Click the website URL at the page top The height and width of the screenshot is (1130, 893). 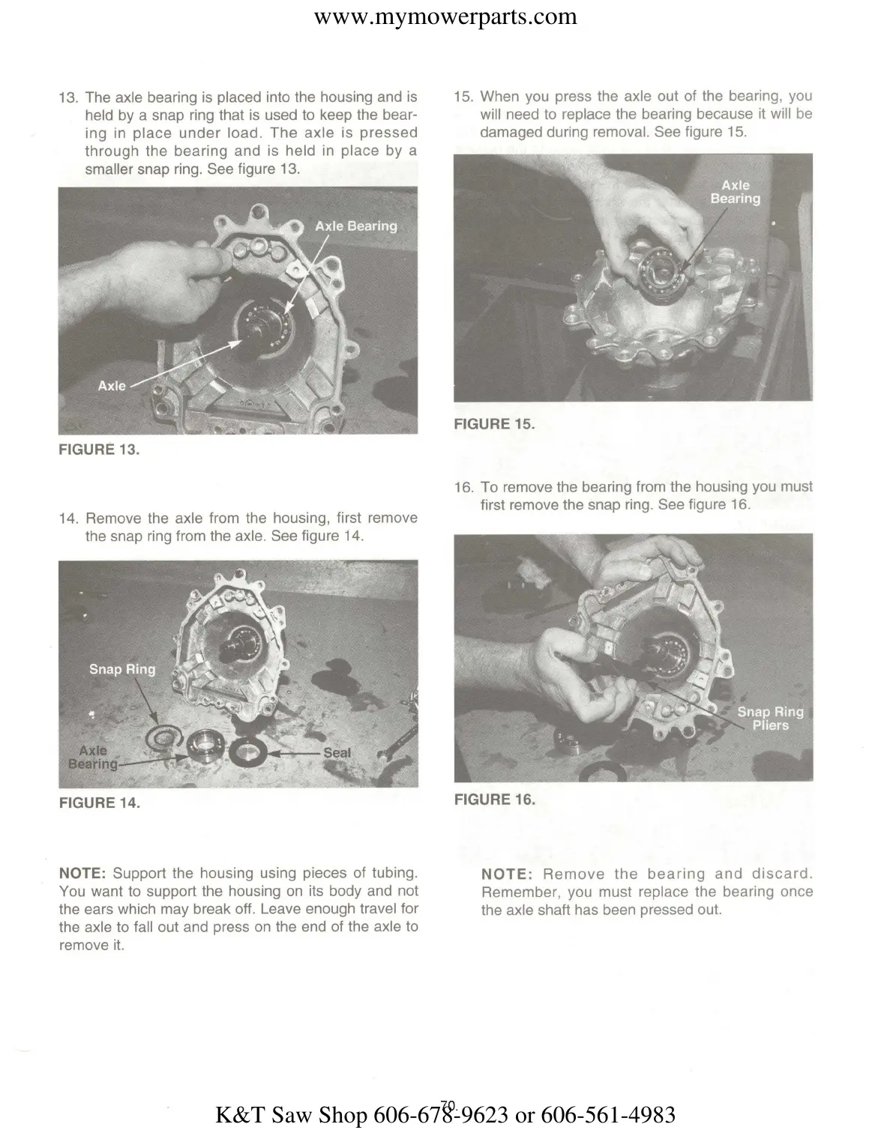[x=445, y=16]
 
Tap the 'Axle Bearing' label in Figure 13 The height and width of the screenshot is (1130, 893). [x=355, y=226]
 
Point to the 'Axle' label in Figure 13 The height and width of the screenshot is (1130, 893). [x=112, y=385]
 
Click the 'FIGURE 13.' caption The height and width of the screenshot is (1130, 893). [x=99, y=450]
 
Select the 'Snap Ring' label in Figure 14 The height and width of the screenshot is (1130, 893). [x=122, y=669]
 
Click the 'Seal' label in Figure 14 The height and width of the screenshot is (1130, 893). [x=337, y=752]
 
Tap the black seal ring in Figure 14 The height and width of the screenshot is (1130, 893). [x=246, y=749]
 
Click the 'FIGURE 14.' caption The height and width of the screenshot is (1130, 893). [x=99, y=803]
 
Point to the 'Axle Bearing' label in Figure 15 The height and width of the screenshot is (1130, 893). [x=735, y=192]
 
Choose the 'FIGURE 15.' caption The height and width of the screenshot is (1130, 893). [x=494, y=424]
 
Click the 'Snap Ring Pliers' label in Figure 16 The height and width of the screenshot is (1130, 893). [x=770, y=718]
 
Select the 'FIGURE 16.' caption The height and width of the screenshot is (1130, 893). [x=494, y=800]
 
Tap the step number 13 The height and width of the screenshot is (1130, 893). [x=68, y=97]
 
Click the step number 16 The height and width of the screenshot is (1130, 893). [x=463, y=487]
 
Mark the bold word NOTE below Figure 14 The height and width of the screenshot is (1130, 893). [x=82, y=873]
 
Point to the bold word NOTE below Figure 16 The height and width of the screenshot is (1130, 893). [x=506, y=874]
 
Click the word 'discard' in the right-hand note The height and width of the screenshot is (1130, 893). [x=780, y=874]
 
